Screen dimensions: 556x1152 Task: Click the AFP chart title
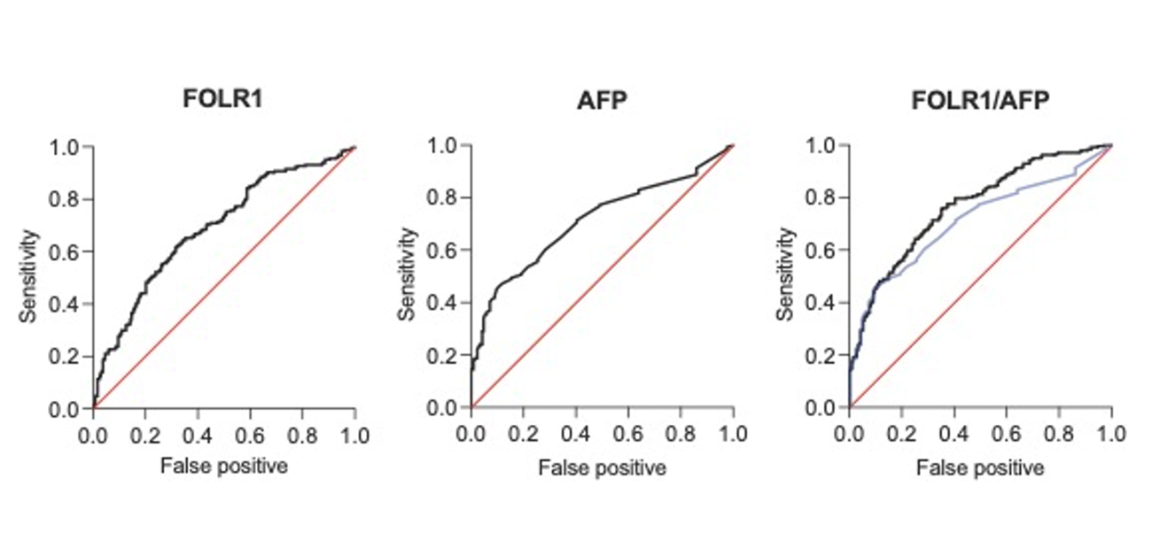(602, 99)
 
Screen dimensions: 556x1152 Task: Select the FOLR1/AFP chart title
(980, 99)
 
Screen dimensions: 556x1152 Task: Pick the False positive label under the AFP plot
(602, 467)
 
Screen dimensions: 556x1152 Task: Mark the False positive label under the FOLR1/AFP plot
(980, 467)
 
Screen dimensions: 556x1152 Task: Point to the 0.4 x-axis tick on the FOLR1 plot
(198, 435)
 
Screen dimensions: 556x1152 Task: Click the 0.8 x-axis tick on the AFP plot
(681, 435)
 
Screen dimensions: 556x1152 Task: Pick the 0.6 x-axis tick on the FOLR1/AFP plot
(1007, 435)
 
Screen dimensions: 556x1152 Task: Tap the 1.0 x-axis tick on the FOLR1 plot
(354, 435)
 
